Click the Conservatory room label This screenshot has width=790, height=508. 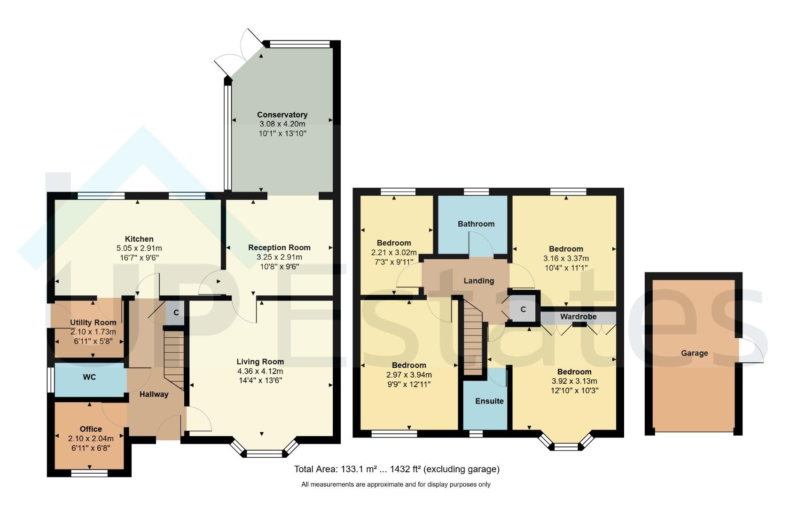(x=282, y=115)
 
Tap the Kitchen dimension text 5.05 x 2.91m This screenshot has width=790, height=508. (x=139, y=248)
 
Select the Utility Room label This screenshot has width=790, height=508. (x=93, y=323)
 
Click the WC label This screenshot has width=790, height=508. (x=89, y=377)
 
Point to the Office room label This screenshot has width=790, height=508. (x=91, y=429)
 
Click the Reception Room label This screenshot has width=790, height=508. (x=279, y=247)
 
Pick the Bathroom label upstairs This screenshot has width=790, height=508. (x=476, y=224)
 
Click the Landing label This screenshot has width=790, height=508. (x=479, y=281)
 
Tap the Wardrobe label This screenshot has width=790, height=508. (x=578, y=317)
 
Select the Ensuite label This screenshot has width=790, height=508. (x=489, y=401)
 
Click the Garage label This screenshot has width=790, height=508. (x=694, y=353)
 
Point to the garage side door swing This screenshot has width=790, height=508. (x=751, y=352)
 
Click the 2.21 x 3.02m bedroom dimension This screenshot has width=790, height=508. (x=394, y=253)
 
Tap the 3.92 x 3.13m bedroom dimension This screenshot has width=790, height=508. (x=574, y=381)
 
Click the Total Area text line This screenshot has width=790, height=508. (x=396, y=469)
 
